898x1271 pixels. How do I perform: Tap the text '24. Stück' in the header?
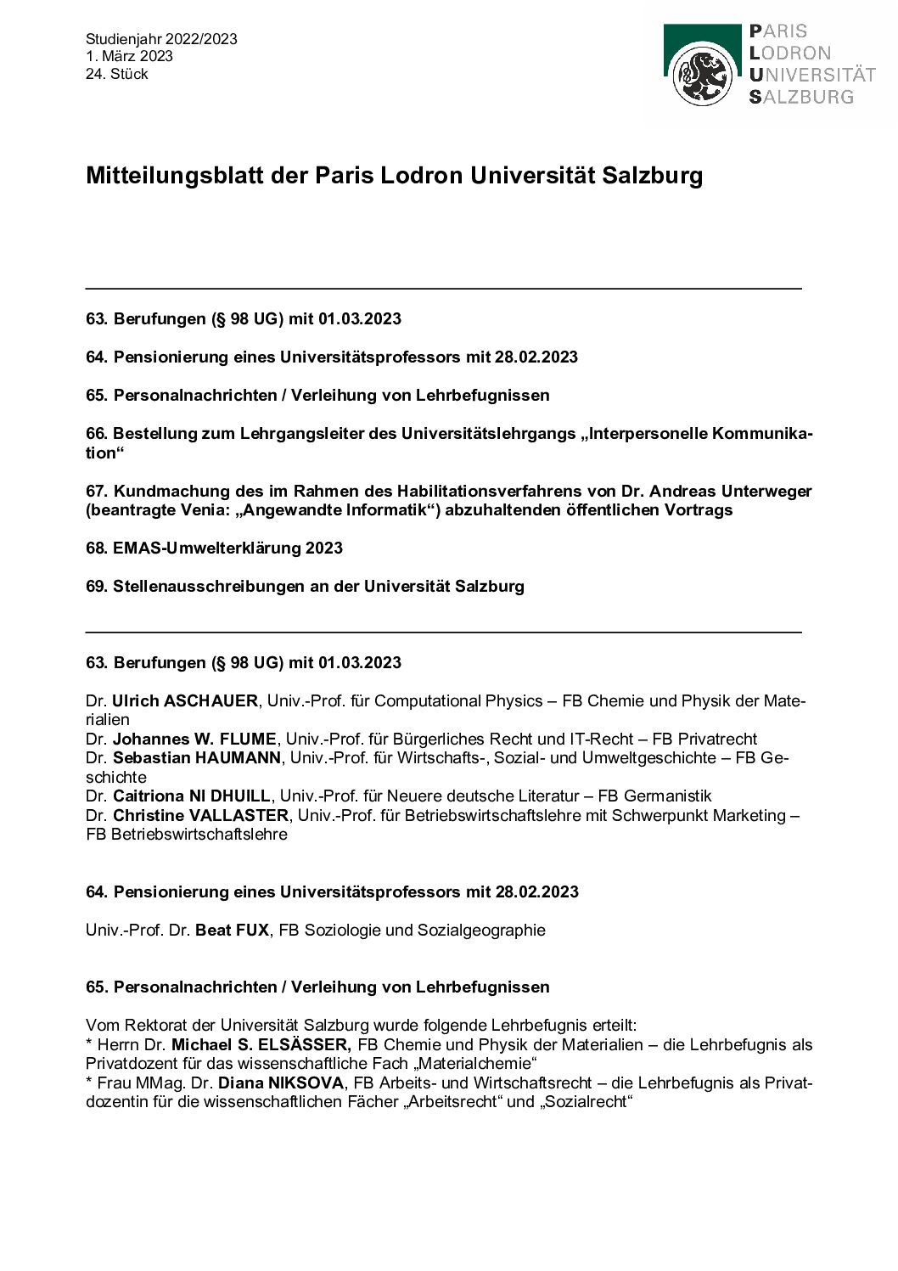[116, 74]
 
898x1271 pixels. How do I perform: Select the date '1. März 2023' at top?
[129, 56]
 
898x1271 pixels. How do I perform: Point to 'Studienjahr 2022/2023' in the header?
[161, 39]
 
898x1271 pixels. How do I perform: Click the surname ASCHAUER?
[210, 701]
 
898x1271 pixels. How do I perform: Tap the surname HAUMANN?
[239, 758]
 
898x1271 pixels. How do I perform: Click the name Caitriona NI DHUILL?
[192, 796]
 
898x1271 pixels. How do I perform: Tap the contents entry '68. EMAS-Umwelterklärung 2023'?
[214, 548]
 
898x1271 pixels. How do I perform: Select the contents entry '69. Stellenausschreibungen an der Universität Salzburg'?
[305, 587]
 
